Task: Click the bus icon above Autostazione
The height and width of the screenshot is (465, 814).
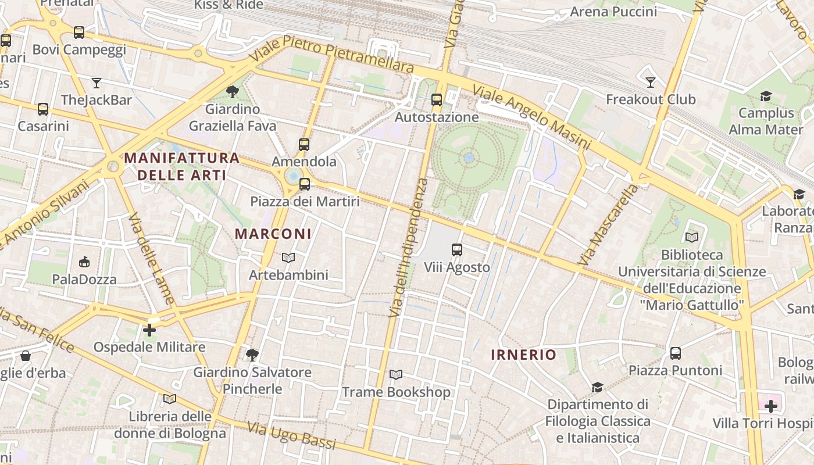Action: tap(437, 100)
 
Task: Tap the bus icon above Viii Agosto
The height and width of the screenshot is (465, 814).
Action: tap(457, 250)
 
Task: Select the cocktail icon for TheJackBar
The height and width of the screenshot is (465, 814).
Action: tap(97, 83)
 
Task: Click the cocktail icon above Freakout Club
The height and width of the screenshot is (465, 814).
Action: tap(651, 82)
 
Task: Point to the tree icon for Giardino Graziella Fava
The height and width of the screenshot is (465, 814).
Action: tap(232, 92)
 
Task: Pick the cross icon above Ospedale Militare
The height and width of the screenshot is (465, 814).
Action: tap(149, 330)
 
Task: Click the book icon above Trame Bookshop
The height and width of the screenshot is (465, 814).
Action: tap(396, 375)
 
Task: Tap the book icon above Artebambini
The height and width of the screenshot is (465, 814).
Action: tap(288, 257)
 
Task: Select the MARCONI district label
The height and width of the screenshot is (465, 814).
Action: tap(273, 234)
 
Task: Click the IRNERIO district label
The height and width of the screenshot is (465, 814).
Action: tap(524, 355)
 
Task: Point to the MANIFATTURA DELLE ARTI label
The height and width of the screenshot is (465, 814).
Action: tap(182, 166)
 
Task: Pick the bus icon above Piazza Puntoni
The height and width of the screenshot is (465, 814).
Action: tap(675, 353)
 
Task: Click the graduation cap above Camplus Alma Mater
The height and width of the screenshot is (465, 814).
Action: tap(766, 96)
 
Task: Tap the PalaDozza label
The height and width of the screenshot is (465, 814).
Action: tap(84, 280)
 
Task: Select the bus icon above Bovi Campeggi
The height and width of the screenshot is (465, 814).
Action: tap(79, 33)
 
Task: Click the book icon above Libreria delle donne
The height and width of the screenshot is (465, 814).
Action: tap(170, 399)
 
